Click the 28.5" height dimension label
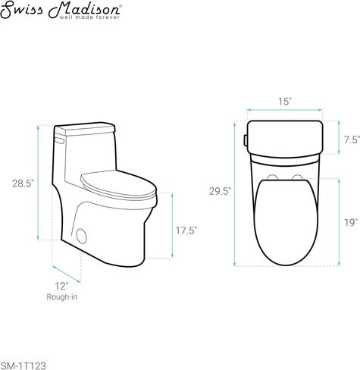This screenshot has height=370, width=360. click(23, 184)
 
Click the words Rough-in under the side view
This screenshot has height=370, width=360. click(61, 297)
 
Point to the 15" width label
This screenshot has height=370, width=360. click(285, 101)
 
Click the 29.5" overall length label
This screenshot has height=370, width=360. click(219, 191)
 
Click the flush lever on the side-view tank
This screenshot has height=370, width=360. click(58, 139)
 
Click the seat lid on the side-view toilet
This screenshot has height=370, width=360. click(118, 181)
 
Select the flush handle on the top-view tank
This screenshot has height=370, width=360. click(244, 140)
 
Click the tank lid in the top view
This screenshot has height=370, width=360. click(285, 136)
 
